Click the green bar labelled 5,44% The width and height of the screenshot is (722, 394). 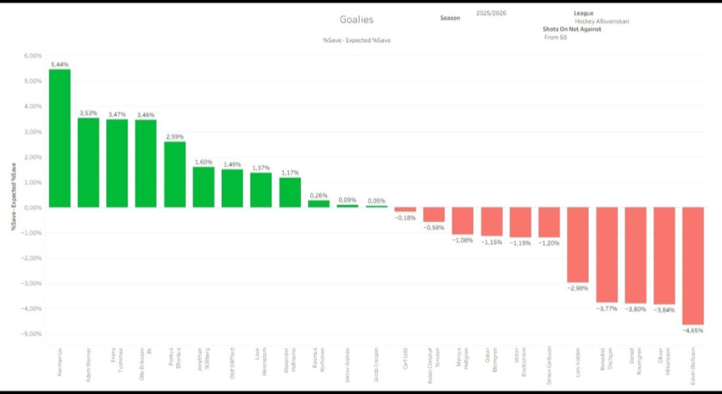coord(60,138)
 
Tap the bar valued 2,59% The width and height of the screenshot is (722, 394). coord(174,174)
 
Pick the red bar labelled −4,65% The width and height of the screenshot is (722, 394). coord(693,266)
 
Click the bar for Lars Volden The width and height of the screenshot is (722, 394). coord(578,244)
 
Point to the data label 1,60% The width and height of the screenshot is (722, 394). coord(203,162)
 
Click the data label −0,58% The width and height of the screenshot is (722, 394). coord(434,227)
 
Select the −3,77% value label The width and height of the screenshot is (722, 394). coord(606,308)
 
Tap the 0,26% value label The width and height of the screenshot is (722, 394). coord(319,195)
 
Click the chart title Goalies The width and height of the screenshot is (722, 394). coord(356,20)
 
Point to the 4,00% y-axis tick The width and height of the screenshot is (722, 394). coord(33,106)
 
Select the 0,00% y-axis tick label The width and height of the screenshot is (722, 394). coord(33,208)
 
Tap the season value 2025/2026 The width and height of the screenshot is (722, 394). coord(491,13)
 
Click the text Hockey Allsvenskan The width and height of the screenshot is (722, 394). coord(602,22)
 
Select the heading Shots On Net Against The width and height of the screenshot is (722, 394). coord(571,30)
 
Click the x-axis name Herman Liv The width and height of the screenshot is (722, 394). coord(60,364)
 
